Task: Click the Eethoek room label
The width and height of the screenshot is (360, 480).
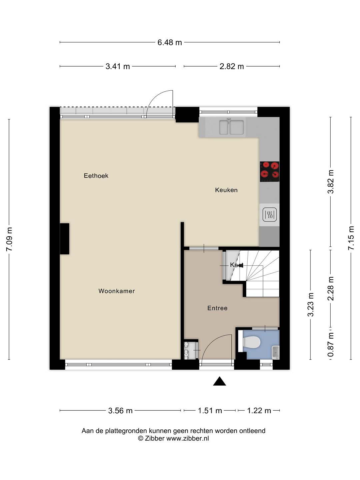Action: [96, 176]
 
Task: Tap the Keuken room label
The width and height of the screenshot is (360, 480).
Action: [226, 190]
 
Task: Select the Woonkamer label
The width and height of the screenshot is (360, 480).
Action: [117, 291]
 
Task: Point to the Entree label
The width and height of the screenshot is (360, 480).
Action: [217, 308]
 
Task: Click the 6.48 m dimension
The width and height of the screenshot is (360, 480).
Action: [170, 42]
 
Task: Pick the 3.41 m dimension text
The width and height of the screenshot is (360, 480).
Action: [118, 66]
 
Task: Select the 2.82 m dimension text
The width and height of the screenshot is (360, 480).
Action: [232, 66]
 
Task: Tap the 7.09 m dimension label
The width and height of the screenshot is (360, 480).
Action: [9, 239]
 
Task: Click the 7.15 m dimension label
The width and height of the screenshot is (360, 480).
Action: [351, 238]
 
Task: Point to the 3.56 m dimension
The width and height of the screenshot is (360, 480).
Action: [120, 411]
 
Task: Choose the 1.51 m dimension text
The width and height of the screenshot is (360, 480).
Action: [210, 411]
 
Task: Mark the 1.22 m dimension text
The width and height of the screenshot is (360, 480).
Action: [259, 411]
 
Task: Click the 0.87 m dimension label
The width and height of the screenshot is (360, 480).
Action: [331, 345]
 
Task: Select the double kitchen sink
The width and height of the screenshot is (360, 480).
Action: [231, 127]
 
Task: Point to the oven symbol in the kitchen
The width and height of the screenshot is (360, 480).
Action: [269, 215]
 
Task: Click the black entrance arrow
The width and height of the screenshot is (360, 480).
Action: [219, 381]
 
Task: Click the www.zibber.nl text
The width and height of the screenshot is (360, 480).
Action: [188, 439]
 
